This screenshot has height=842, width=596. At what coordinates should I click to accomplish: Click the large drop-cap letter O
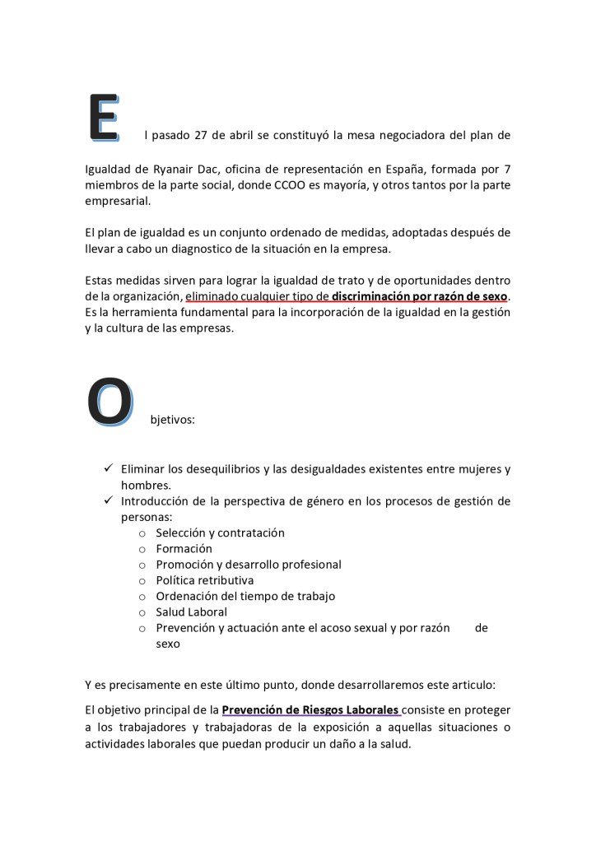click(109, 402)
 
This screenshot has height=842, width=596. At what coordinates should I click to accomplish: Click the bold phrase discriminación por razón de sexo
click(420, 296)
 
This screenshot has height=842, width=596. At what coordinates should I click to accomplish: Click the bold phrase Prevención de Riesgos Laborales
click(311, 709)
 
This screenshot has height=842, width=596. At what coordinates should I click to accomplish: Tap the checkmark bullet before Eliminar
click(108, 468)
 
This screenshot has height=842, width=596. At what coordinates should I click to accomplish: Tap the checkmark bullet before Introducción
click(108, 500)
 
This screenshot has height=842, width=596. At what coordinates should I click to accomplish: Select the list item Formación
click(184, 548)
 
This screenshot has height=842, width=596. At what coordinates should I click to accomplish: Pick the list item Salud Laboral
click(191, 612)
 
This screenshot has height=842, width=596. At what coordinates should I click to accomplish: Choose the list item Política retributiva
click(204, 580)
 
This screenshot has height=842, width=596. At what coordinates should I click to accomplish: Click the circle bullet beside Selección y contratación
click(143, 533)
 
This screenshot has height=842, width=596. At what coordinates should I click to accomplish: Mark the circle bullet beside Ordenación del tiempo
click(143, 597)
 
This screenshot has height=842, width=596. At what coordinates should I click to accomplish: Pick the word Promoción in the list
click(185, 565)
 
